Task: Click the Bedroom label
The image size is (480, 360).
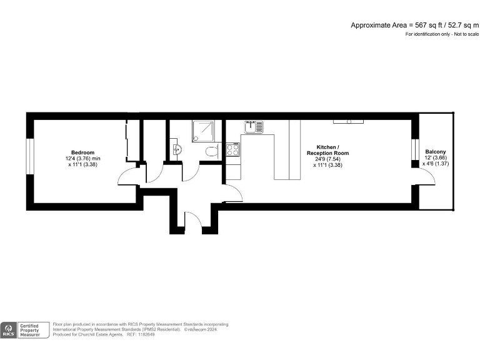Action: tap(82, 152)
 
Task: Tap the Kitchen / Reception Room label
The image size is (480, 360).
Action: tap(327, 150)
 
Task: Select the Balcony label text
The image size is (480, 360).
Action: tap(436, 152)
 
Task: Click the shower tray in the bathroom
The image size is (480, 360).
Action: tap(203, 131)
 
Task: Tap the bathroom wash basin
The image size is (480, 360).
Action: tap(176, 149)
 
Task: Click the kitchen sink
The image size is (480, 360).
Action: tap(254, 127)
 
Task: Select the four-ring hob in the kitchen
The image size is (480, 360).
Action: tap(232, 150)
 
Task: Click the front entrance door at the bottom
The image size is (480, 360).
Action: tap(193, 221)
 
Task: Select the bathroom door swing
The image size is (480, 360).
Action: tap(191, 172)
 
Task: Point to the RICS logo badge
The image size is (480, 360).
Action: tap(9, 329)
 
